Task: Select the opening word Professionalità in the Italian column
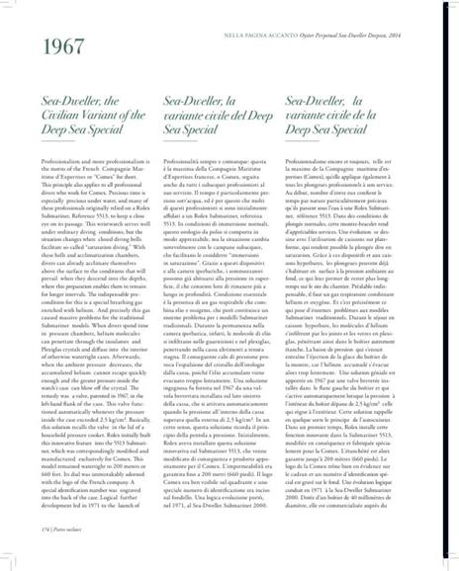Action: coord(184,161)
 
